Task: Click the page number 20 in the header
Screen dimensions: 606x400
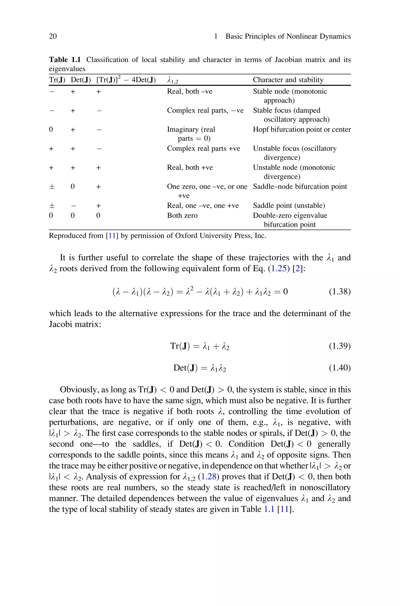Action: point(53,36)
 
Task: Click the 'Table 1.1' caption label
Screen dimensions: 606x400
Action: point(65,60)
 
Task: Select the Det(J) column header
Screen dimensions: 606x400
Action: point(81,80)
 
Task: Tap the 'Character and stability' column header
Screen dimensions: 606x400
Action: point(288,80)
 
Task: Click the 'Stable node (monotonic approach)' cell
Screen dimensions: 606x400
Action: point(290,96)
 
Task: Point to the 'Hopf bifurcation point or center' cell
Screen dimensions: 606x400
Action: point(302,129)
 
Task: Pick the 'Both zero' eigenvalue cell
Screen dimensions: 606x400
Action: point(182,216)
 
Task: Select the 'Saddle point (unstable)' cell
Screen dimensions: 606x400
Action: point(289,206)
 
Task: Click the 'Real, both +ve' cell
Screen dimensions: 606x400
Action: point(190,168)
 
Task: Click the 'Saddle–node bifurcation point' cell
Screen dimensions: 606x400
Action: point(300,187)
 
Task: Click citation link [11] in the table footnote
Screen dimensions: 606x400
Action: point(112,236)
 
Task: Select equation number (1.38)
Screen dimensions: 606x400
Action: point(339,292)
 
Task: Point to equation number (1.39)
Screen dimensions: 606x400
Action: point(339,346)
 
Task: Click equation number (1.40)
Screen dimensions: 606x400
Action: point(339,368)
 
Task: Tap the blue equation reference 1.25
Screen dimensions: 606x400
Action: point(279,269)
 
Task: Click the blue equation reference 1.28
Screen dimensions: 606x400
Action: point(208,477)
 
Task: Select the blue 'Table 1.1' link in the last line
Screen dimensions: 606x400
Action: point(269,509)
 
